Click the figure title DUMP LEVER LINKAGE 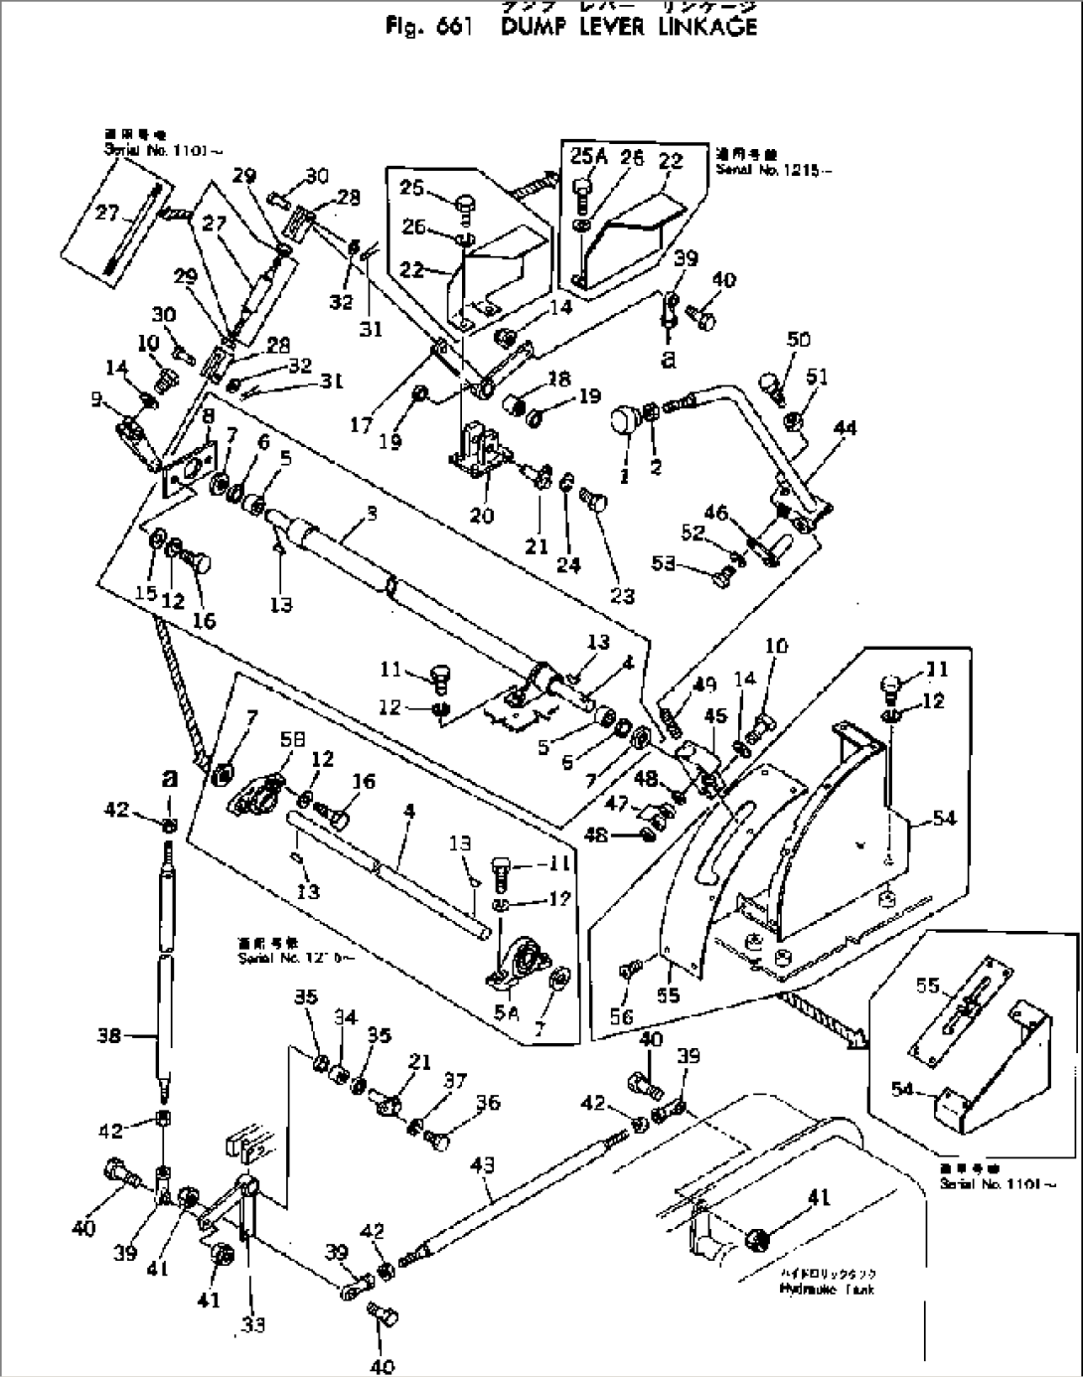[x=628, y=27]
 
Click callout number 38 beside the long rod [x=109, y=1036]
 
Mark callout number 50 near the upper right [x=799, y=340]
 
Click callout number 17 [x=363, y=425]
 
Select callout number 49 [x=703, y=684]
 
